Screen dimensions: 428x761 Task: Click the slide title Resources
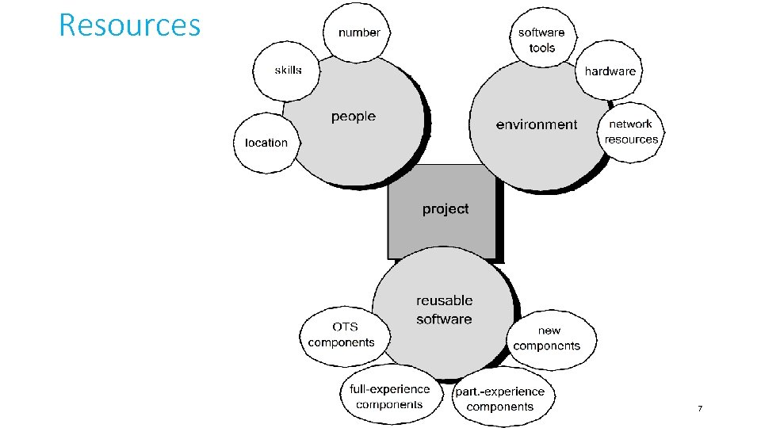(130, 25)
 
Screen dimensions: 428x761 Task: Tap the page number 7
(700, 408)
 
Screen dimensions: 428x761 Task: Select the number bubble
(359, 32)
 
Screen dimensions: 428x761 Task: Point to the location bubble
(266, 143)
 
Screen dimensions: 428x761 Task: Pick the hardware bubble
(610, 71)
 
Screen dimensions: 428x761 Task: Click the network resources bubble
(631, 132)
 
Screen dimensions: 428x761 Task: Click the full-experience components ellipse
(389, 396)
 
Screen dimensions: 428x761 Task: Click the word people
(354, 117)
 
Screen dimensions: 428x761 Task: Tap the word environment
(537, 124)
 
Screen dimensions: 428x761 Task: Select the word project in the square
(446, 209)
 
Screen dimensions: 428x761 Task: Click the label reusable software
(444, 310)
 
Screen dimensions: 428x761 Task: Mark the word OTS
(345, 327)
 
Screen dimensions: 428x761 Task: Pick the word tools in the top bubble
(542, 48)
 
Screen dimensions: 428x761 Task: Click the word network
(631, 124)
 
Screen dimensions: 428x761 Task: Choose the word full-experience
(390, 389)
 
